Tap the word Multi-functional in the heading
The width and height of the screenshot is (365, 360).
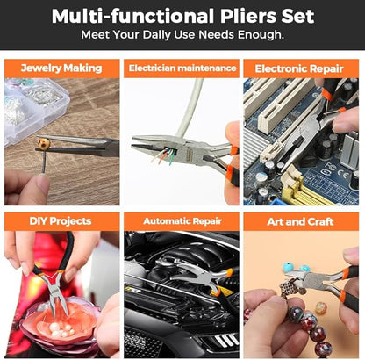(124, 16)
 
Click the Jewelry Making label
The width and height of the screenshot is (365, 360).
(61, 68)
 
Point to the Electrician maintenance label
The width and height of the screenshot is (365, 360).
(182, 68)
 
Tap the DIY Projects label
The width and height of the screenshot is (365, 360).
(59, 221)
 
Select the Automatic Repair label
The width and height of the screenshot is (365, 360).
(182, 221)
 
